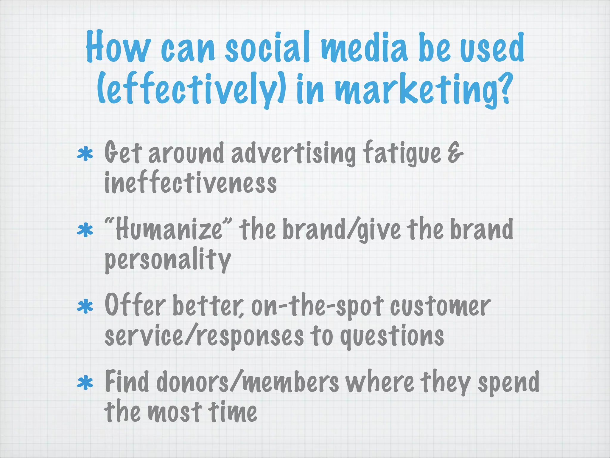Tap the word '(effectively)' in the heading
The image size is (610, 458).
tap(192, 89)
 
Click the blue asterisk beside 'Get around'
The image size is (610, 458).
tap(85, 155)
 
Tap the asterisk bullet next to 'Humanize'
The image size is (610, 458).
tap(85, 230)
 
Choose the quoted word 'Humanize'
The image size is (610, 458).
tap(168, 229)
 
